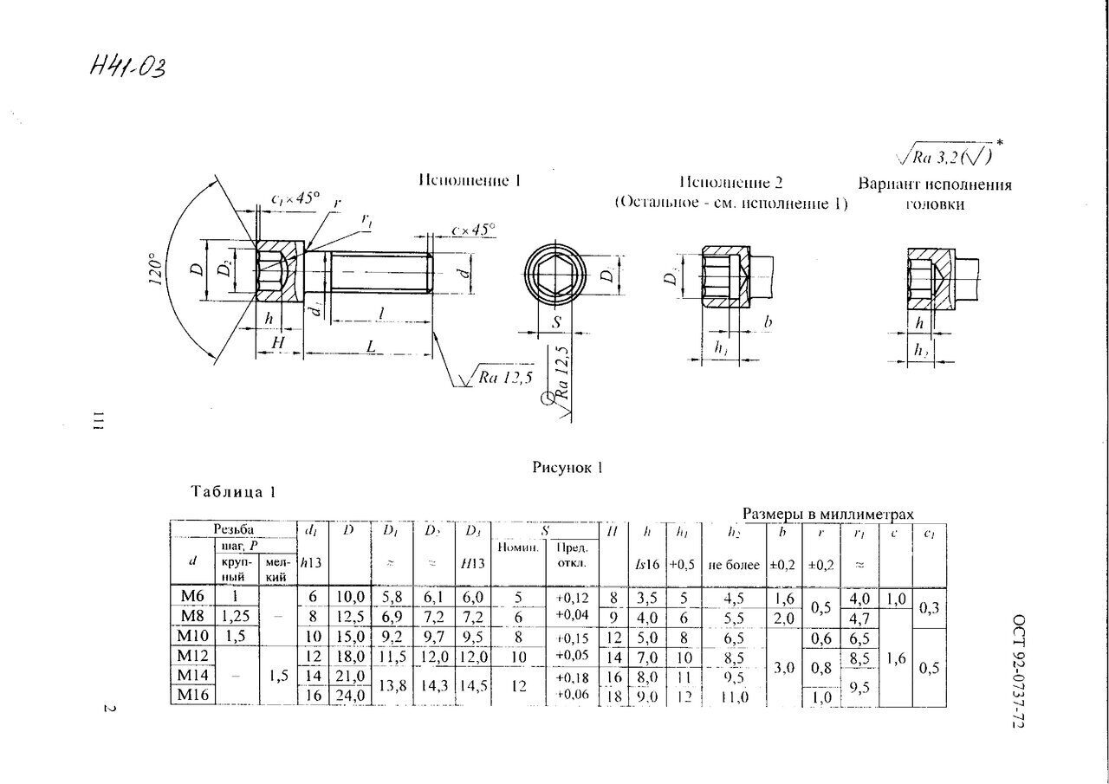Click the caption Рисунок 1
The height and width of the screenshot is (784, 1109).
click(x=567, y=468)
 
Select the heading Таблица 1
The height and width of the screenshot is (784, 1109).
click(x=233, y=492)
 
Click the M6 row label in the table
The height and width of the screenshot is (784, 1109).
click(x=191, y=598)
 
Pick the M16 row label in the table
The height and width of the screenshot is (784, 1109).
click(x=192, y=696)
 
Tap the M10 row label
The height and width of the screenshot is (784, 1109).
click(x=191, y=635)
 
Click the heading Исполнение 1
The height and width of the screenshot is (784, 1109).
click(x=469, y=181)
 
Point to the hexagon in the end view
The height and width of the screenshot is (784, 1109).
click(x=556, y=278)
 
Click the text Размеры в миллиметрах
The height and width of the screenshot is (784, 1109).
click(x=827, y=514)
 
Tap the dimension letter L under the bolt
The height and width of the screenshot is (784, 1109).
click(x=371, y=345)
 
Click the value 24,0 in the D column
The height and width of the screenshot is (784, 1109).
click(x=348, y=696)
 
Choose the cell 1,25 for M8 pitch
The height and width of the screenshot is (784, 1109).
click(x=230, y=617)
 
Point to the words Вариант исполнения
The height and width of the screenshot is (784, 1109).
click(x=935, y=185)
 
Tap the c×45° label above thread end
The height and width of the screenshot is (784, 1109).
click(x=473, y=230)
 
